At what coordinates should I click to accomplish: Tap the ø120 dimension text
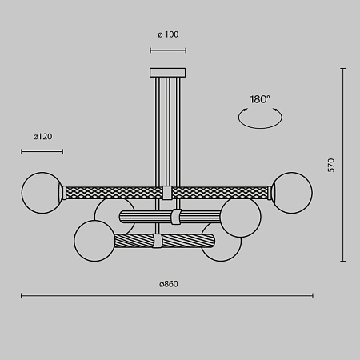42,137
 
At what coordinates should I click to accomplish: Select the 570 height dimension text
331,166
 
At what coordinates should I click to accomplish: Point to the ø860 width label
167,284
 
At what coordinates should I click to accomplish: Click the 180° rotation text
260,99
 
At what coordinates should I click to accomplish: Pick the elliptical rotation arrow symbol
261,118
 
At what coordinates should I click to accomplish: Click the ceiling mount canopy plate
167,72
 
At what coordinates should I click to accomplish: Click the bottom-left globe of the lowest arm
94,240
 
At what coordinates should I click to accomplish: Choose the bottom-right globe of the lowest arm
221,242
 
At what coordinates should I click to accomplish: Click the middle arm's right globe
240,215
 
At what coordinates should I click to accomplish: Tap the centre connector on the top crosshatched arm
167,193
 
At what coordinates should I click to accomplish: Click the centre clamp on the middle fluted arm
176,216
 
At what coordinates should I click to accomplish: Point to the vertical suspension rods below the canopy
167,128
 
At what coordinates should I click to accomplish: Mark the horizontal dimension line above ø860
167,297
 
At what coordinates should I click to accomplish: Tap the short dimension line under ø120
42,150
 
